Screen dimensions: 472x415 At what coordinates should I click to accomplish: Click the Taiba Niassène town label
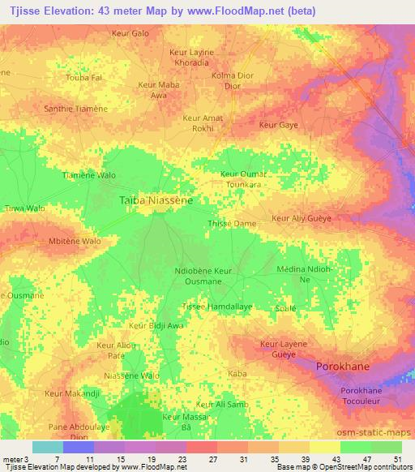tap(155, 200)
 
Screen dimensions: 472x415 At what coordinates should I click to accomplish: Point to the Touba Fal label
tap(84, 77)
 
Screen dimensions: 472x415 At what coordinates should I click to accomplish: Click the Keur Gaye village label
tap(278, 125)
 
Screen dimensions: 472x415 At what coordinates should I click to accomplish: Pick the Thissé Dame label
tap(232, 223)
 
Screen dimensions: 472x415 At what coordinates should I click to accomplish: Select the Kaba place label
tap(237, 373)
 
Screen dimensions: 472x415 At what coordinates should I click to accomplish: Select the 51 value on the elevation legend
tap(399, 461)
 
